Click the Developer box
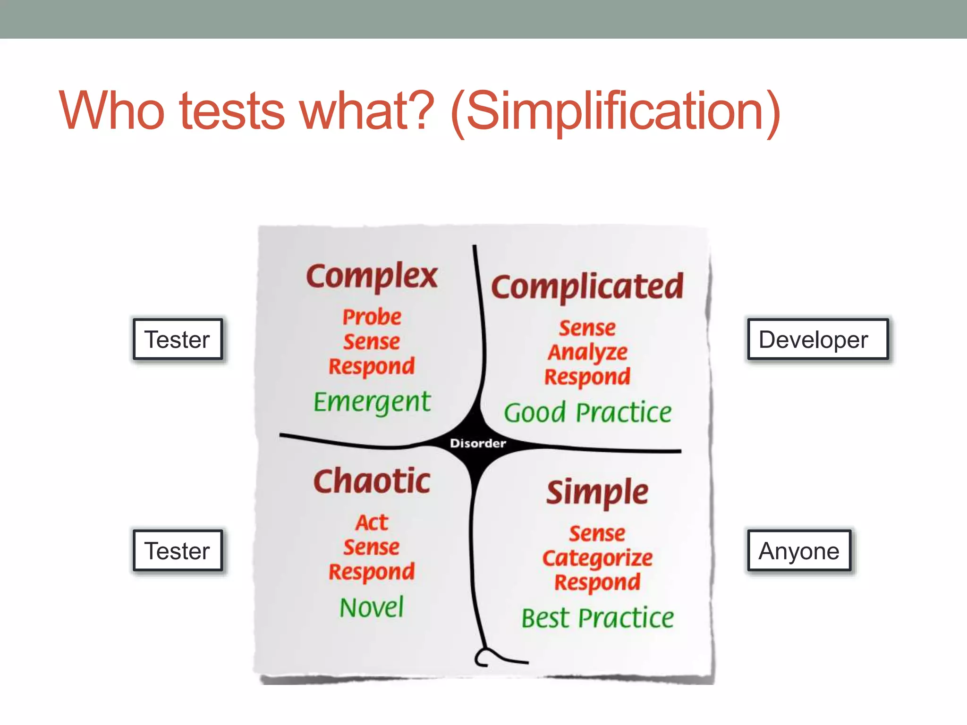tap(817, 339)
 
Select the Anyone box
tap(799, 550)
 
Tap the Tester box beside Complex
tap(178, 339)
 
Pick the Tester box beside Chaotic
tap(178, 550)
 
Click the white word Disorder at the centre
tap(478, 443)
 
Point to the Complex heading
tap(372, 276)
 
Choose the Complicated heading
tap(587, 287)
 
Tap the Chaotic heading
tap(372, 481)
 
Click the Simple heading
tap(597, 492)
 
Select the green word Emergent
tap(372, 402)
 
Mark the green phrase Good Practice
tap(587, 413)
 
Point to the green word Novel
tap(372, 607)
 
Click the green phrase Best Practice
tap(597, 618)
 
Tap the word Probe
tap(372, 317)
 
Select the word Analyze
tap(587, 352)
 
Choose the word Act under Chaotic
tap(372, 523)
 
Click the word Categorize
tap(597, 558)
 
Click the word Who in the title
tap(111, 111)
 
